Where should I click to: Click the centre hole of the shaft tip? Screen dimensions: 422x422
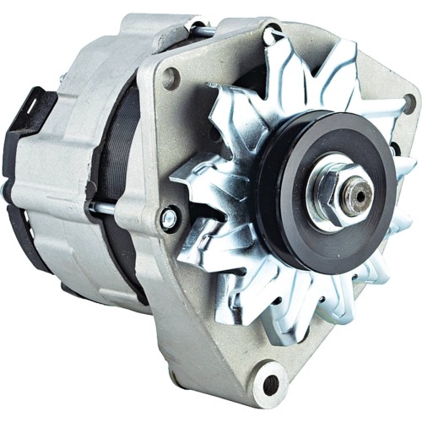tap(360, 195)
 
